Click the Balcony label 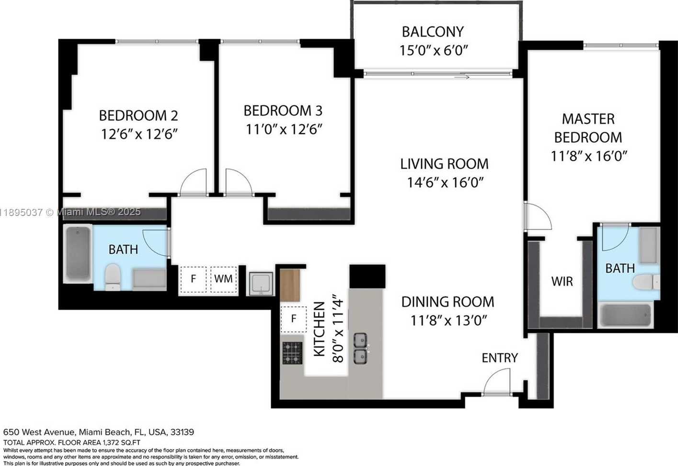click(433, 32)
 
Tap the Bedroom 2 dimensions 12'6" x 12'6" click(139, 134)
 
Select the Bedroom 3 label click(283, 111)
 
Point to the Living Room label click(444, 164)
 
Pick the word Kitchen click(319, 329)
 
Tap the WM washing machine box click(223, 279)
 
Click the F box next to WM click(194, 279)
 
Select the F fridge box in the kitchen click(293, 319)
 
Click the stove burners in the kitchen click(292, 353)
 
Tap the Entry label click(500, 358)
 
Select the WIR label click(562, 282)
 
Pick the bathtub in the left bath click(78, 253)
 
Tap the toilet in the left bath click(113, 277)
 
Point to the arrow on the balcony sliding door click(462, 77)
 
